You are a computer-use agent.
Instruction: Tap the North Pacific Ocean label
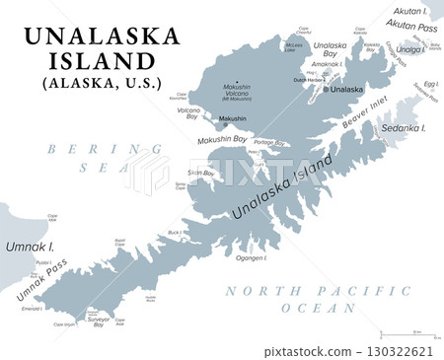pyautogui.click(x=315, y=299)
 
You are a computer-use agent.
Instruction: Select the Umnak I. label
pyautogui.click(x=23, y=244)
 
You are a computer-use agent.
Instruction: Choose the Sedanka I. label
pyautogui.click(x=405, y=128)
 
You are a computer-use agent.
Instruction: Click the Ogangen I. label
pyautogui.click(x=252, y=258)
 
